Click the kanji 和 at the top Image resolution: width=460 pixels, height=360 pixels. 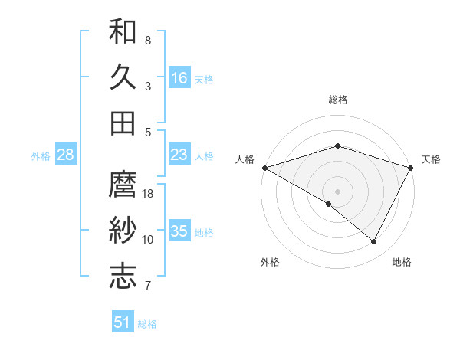123,32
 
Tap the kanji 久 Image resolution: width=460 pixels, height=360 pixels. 123,77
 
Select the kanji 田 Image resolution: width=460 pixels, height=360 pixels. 123,123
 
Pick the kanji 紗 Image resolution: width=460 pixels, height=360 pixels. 123,231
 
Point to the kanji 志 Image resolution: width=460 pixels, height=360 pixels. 123,276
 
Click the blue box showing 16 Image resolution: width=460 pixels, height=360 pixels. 179,77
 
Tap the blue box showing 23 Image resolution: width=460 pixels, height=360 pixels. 179,155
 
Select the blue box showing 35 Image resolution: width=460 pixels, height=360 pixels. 179,231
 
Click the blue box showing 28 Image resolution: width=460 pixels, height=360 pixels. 66,155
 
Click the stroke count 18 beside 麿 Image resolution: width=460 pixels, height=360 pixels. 149,195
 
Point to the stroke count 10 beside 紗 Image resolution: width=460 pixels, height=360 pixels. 148,240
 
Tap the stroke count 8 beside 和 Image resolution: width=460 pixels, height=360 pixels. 148,40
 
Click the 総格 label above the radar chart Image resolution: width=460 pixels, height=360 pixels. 338,100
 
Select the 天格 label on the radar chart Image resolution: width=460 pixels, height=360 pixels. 431,159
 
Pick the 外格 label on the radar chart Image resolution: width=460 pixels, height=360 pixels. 270,263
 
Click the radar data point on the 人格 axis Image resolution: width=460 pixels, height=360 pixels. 264,167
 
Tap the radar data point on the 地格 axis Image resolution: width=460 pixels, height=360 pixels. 374,242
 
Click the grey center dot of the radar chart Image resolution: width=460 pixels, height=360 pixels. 337,191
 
